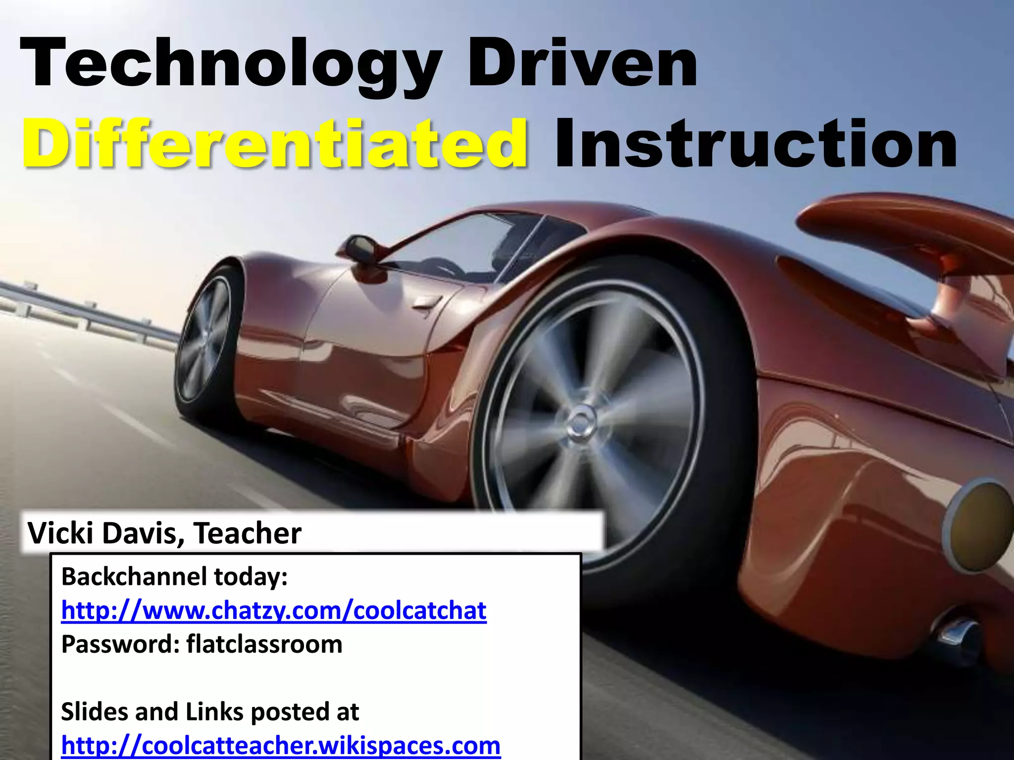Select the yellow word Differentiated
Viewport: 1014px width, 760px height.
click(275, 143)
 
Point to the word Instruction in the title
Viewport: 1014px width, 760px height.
click(756, 143)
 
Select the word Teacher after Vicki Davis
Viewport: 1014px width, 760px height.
click(247, 533)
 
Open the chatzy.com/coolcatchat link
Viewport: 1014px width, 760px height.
click(274, 611)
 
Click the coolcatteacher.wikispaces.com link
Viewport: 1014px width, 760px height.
click(281, 745)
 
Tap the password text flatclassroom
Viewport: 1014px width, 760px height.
click(264, 644)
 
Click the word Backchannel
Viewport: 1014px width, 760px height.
click(134, 577)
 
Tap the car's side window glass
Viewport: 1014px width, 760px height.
click(460, 247)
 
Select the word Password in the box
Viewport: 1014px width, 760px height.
click(119, 644)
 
